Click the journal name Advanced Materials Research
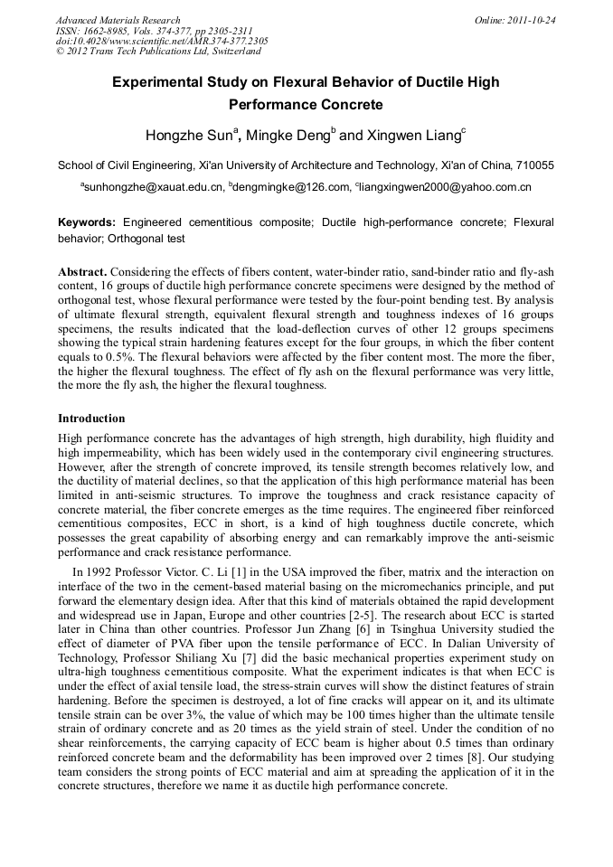coord(118,20)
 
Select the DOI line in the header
coord(162,41)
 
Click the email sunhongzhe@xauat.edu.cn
coord(155,187)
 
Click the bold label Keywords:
coord(87,221)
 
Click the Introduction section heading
coord(91,419)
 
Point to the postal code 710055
coord(535,165)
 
